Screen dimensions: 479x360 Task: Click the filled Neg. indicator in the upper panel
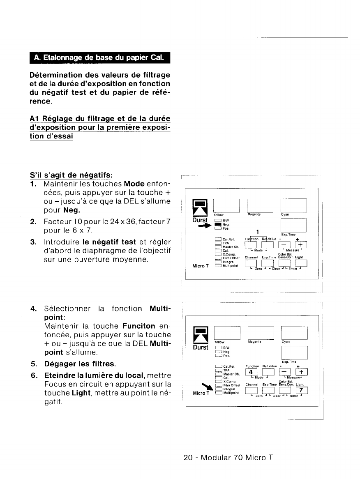pyautogui.click(x=218, y=224)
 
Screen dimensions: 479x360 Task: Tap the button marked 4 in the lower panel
pyautogui.click(x=250, y=373)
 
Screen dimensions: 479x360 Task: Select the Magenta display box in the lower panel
pyautogui.click(x=260, y=332)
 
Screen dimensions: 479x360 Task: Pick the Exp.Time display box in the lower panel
pyautogui.click(x=294, y=352)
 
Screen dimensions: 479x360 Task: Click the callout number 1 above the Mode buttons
pyautogui.click(x=257, y=232)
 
